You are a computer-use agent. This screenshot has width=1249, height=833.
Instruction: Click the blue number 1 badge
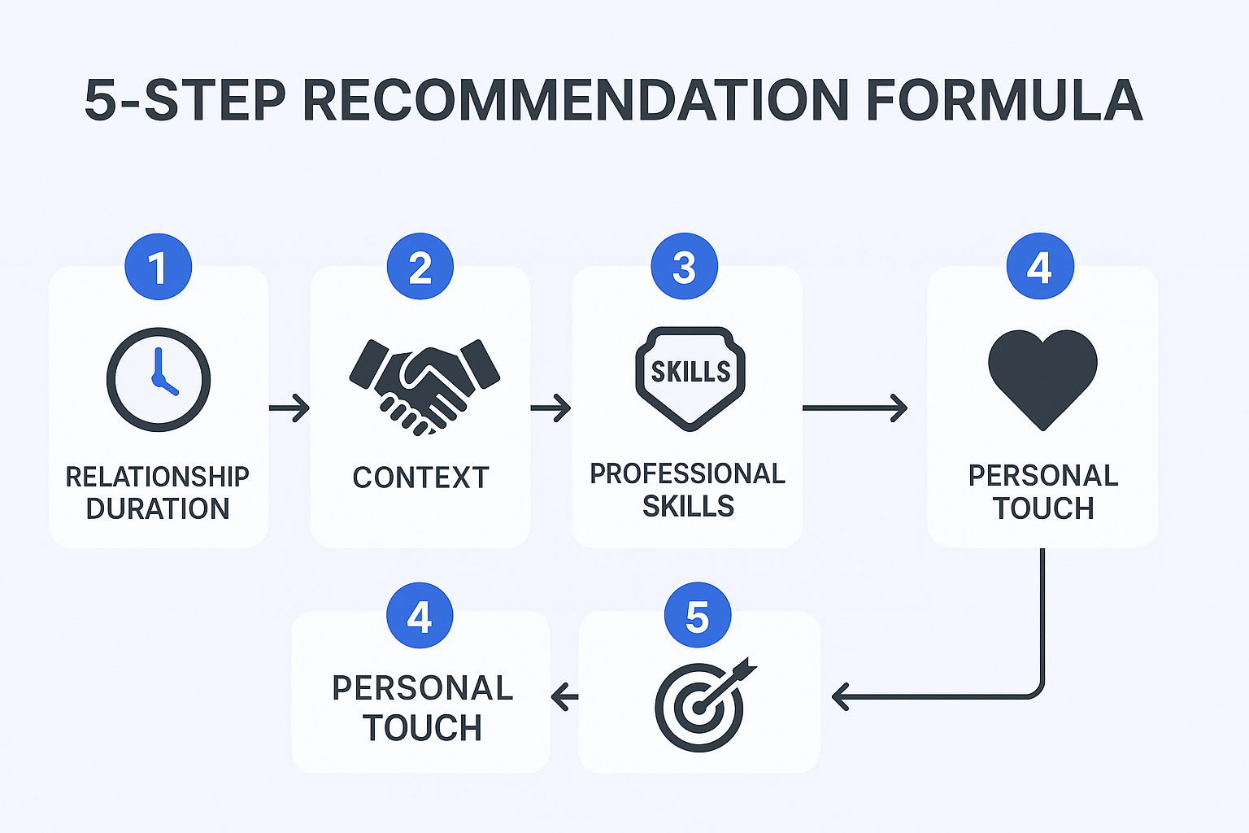(159, 267)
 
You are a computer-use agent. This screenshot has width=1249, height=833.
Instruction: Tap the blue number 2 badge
(420, 266)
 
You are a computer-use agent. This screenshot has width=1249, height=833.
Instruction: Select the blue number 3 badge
(684, 266)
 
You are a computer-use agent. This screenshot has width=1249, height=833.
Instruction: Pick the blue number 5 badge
(698, 615)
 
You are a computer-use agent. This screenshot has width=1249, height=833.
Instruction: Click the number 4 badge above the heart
(1040, 266)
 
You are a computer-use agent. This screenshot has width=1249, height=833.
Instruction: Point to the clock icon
(159, 379)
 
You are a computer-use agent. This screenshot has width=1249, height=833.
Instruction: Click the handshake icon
(424, 386)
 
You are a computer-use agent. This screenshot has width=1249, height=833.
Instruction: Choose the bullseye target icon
(703, 705)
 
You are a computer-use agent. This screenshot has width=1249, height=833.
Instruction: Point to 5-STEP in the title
(185, 100)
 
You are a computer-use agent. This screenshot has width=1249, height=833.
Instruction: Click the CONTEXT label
(421, 478)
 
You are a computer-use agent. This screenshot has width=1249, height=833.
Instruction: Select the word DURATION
(158, 509)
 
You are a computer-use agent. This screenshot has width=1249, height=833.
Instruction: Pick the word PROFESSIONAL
(687, 473)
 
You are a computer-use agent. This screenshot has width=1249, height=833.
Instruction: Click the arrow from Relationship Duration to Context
(289, 408)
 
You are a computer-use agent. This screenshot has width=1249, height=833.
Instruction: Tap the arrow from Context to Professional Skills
(551, 408)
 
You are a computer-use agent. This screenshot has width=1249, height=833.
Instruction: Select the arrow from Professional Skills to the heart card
(855, 408)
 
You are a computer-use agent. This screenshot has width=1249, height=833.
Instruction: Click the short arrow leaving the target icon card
(564, 697)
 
